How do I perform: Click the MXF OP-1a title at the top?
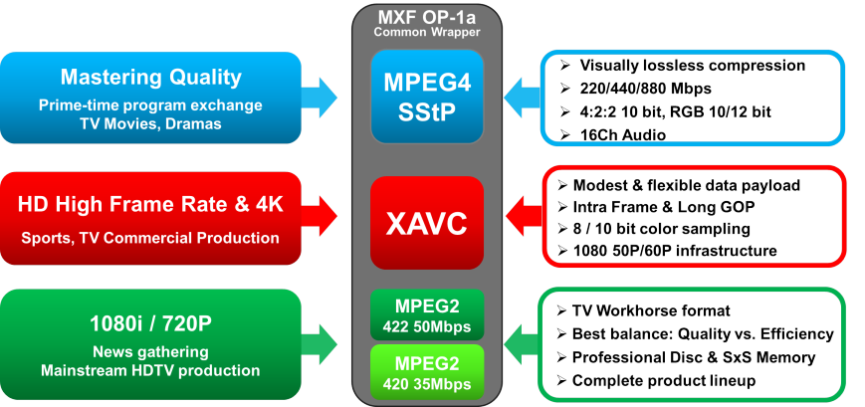426,17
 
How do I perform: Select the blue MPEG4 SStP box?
426,98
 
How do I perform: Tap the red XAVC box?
426,223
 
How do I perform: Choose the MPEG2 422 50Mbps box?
426,313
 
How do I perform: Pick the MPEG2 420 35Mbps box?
426,369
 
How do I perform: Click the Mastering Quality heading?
150,78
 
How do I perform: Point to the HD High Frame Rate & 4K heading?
150,205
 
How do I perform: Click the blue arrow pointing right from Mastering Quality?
321,98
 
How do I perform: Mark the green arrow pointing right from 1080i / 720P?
321,343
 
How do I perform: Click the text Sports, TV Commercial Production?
150,238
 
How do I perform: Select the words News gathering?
150,351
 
